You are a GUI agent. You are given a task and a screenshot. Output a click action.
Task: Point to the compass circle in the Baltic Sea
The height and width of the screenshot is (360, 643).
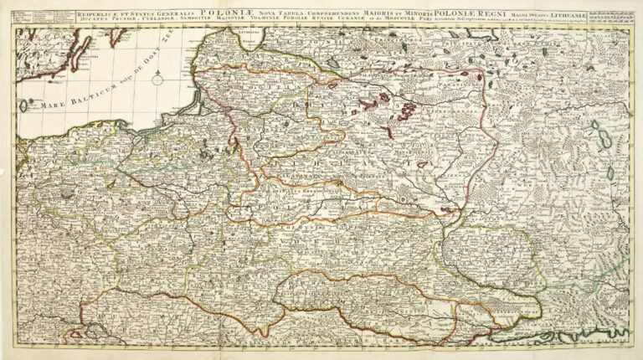click(x=25, y=105)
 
